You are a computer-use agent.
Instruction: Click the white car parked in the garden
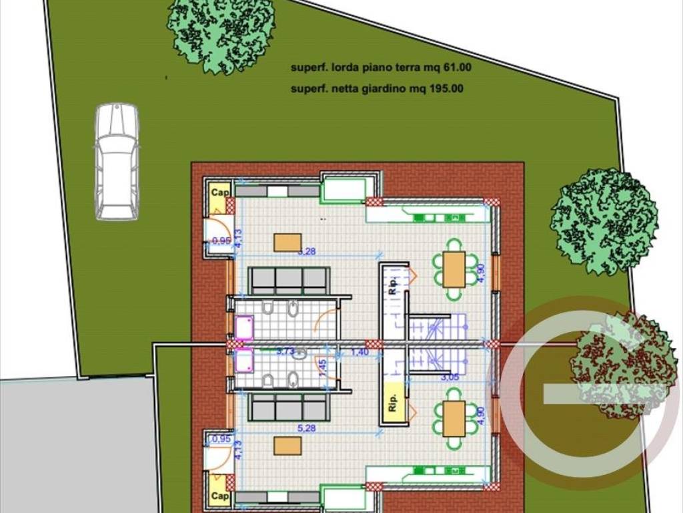(117, 161)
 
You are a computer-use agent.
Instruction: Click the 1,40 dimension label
(360, 352)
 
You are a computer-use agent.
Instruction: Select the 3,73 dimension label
(285, 351)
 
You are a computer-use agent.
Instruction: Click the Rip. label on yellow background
(392, 406)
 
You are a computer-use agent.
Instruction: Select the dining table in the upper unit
(454, 270)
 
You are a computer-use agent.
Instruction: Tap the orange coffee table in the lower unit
(287, 446)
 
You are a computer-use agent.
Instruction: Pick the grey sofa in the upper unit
(289, 281)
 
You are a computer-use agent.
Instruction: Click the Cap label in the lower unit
(219, 496)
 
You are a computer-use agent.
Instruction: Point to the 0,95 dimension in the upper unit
(221, 240)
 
